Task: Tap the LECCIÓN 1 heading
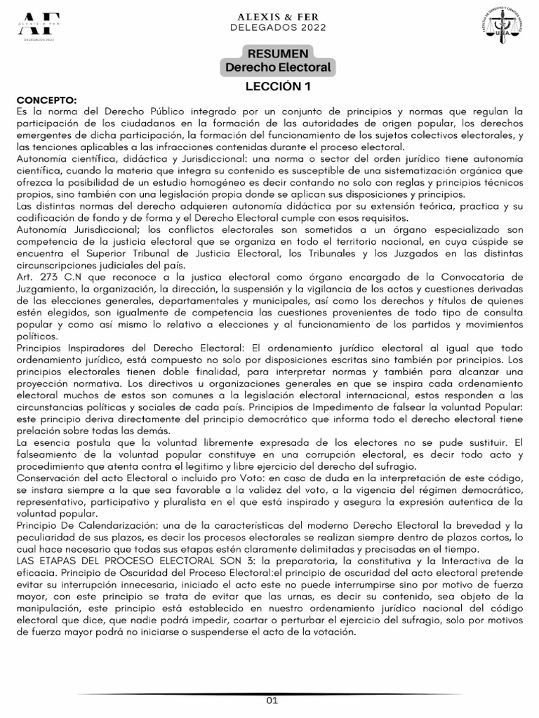point(277,87)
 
